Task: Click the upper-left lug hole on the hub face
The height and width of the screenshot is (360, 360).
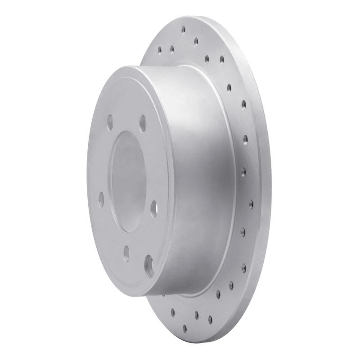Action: [x=110, y=122]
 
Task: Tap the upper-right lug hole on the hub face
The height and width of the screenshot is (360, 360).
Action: [x=143, y=123]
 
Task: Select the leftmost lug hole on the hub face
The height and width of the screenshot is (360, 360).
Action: [x=101, y=198]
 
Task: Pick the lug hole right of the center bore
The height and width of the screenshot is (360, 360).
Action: [x=154, y=208]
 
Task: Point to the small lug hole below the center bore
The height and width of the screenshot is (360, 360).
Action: [x=127, y=252]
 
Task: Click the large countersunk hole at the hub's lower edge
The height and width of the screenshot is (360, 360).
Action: [x=149, y=265]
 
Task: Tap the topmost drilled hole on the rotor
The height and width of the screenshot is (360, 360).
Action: [x=184, y=30]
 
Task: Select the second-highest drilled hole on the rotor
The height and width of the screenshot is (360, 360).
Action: [x=196, y=41]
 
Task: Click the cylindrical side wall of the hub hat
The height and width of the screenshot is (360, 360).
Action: [x=202, y=180]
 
